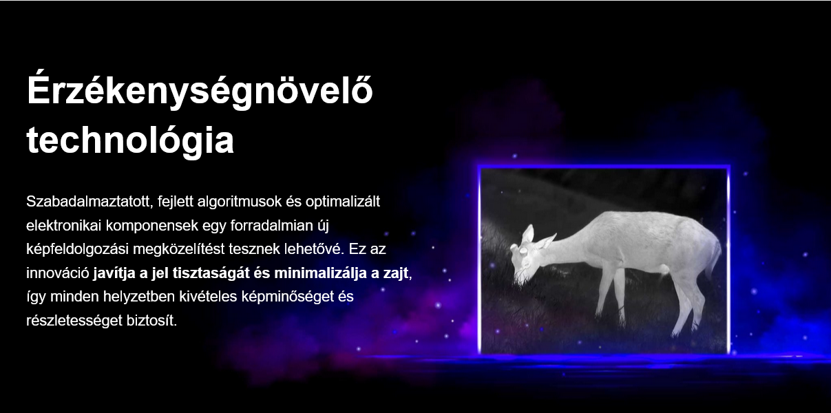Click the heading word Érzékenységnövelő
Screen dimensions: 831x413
(200, 90)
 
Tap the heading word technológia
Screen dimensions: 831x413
(130, 140)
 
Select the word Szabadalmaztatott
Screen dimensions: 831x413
(90, 202)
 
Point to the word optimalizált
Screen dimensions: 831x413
(343, 202)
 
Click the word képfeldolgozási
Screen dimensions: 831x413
(77, 249)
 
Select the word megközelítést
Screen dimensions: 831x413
(178, 249)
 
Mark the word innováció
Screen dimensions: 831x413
(58, 273)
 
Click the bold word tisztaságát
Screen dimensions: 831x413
(211, 273)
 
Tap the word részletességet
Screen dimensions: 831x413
(74, 321)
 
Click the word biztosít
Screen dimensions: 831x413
(151, 321)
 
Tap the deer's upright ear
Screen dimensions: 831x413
(528, 233)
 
